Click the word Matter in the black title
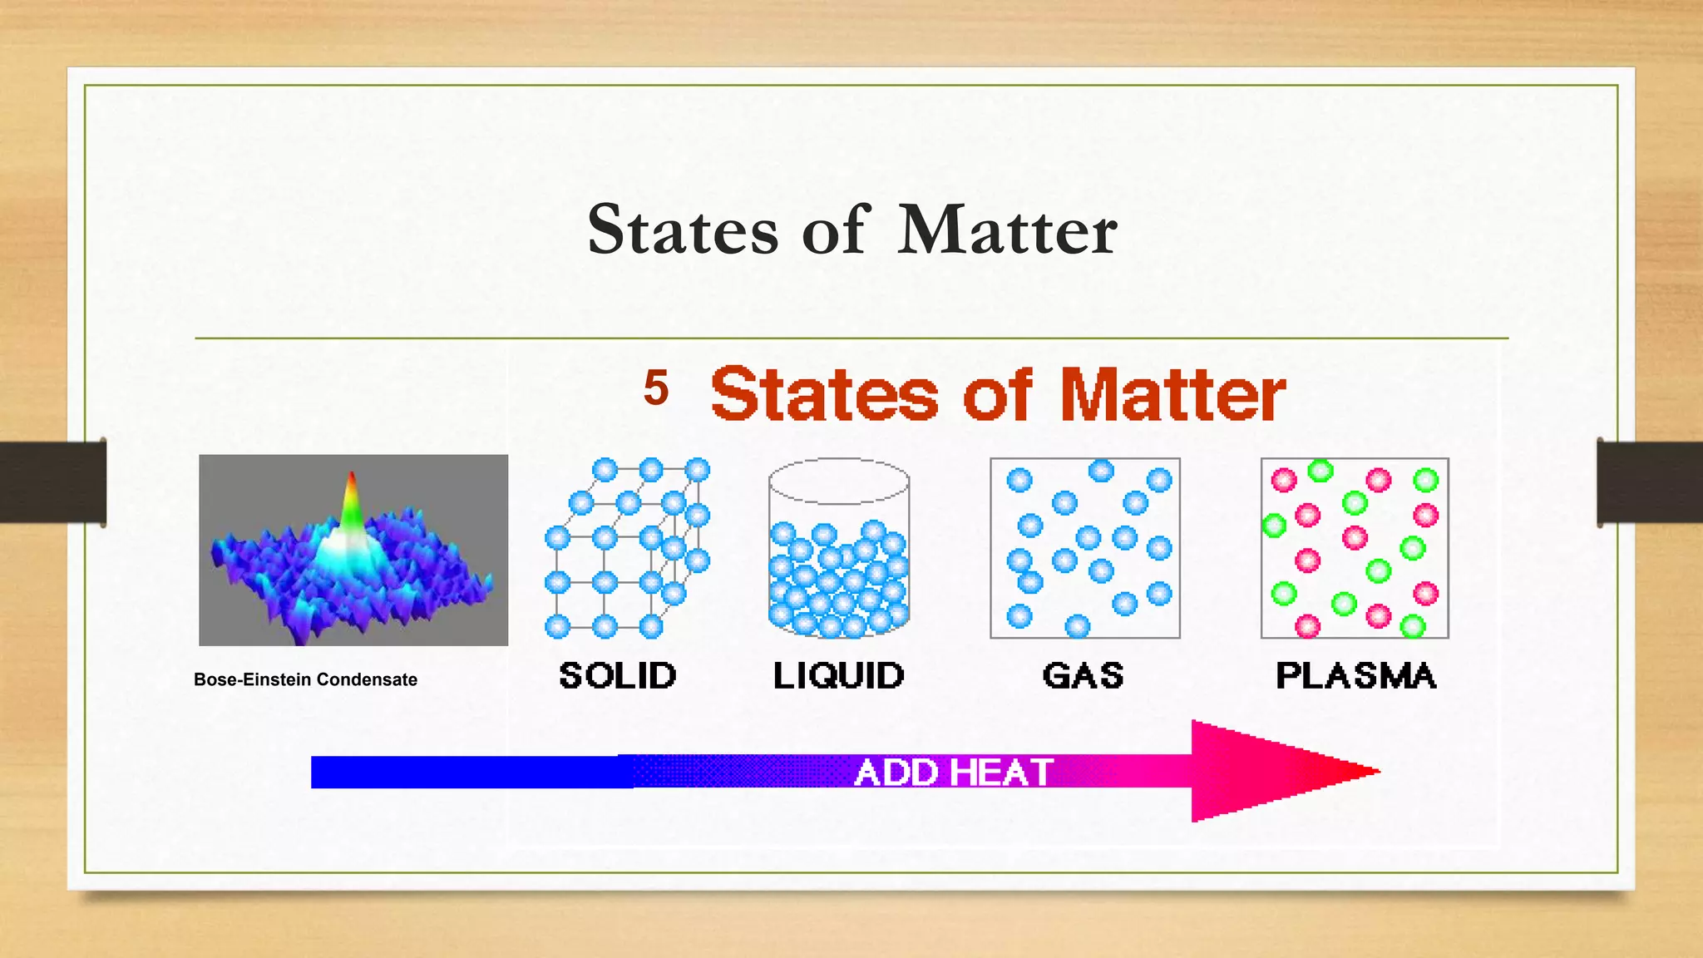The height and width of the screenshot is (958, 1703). pos(1007,230)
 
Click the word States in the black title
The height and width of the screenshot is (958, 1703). pos(683,230)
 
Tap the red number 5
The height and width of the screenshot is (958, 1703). pos(656,388)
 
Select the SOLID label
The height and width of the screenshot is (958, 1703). pos(618,675)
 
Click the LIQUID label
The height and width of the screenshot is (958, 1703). pos(838,675)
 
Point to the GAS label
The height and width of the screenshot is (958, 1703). pos(1083,675)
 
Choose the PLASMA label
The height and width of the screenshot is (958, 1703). pos(1355,675)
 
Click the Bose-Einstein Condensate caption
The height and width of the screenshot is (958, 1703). pos(305,679)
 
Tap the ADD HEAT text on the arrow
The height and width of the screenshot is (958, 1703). pos(954,773)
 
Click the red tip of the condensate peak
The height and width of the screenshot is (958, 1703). pos(352,482)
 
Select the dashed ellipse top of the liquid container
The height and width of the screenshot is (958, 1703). pos(838,481)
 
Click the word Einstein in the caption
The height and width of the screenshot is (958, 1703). pos(278,679)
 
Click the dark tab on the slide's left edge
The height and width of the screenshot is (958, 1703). pos(52,481)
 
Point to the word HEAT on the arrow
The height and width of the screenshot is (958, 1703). pos(1002,773)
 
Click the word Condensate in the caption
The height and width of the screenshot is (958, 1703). pos(367,679)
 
